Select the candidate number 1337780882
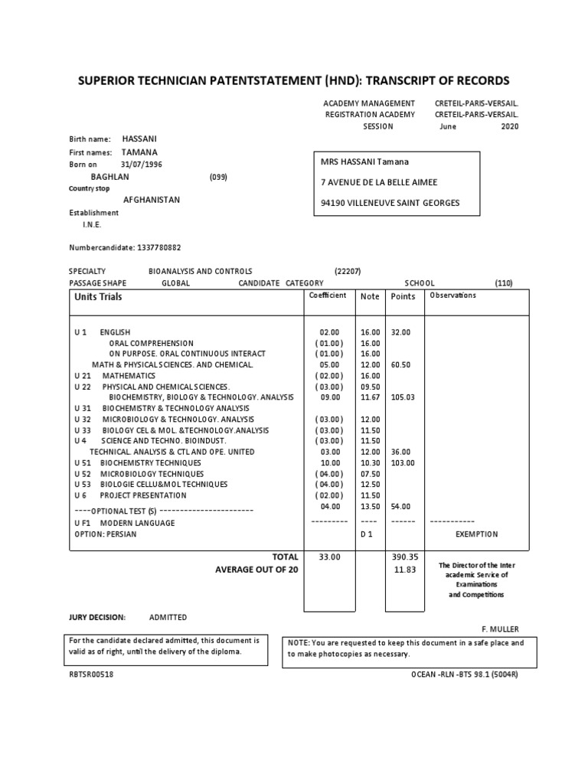[159, 247]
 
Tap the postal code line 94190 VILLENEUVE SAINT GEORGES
[390, 204]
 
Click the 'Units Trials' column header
[98, 296]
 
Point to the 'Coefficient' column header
[327, 296]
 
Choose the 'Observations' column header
[452, 296]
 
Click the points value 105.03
[402, 397]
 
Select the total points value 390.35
[401, 557]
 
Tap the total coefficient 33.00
[329, 557]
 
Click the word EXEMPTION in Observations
[476, 534]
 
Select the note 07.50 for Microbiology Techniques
[370, 473]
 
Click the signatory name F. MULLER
[501, 629]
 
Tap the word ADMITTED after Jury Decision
[168, 617]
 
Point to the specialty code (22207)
[348, 271]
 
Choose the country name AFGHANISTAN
[152, 200]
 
